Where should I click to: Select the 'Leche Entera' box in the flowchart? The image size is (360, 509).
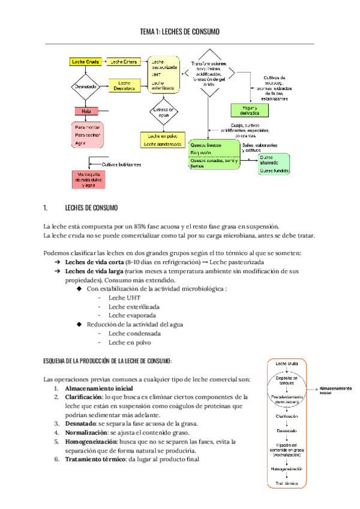click(x=124, y=62)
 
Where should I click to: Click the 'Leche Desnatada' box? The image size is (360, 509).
click(x=124, y=86)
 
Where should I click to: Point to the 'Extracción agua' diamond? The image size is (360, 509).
click(x=163, y=113)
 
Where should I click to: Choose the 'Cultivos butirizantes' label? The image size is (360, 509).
click(x=121, y=164)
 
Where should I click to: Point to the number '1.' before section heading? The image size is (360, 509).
click(x=46, y=208)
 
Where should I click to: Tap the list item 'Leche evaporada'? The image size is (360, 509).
click(x=133, y=315)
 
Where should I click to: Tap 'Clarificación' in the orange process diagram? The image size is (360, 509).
click(x=286, y=415)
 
